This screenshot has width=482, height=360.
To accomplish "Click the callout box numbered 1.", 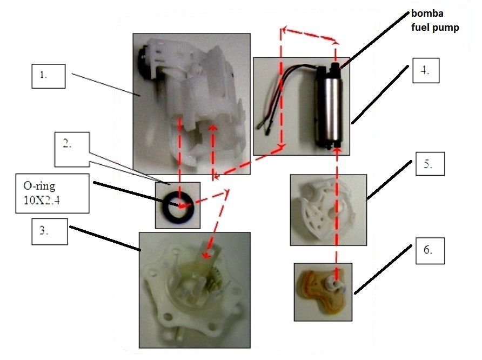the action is pos(49,76).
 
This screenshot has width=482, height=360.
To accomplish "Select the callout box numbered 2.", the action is pos(72,150).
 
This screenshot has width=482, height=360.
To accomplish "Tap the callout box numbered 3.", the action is pos(50,231).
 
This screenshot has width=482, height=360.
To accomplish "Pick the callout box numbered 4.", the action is pos(426,70).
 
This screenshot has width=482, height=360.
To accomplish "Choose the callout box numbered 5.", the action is pos(430,164).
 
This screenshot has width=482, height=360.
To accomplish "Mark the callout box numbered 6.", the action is pos(430,251).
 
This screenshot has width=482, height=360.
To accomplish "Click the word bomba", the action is pos(427,14).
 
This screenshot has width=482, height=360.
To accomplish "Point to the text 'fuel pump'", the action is pos(435,28).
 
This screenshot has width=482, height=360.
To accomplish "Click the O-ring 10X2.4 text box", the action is pos(52,194).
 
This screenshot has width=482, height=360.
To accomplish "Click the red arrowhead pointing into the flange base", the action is pos(206,255).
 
